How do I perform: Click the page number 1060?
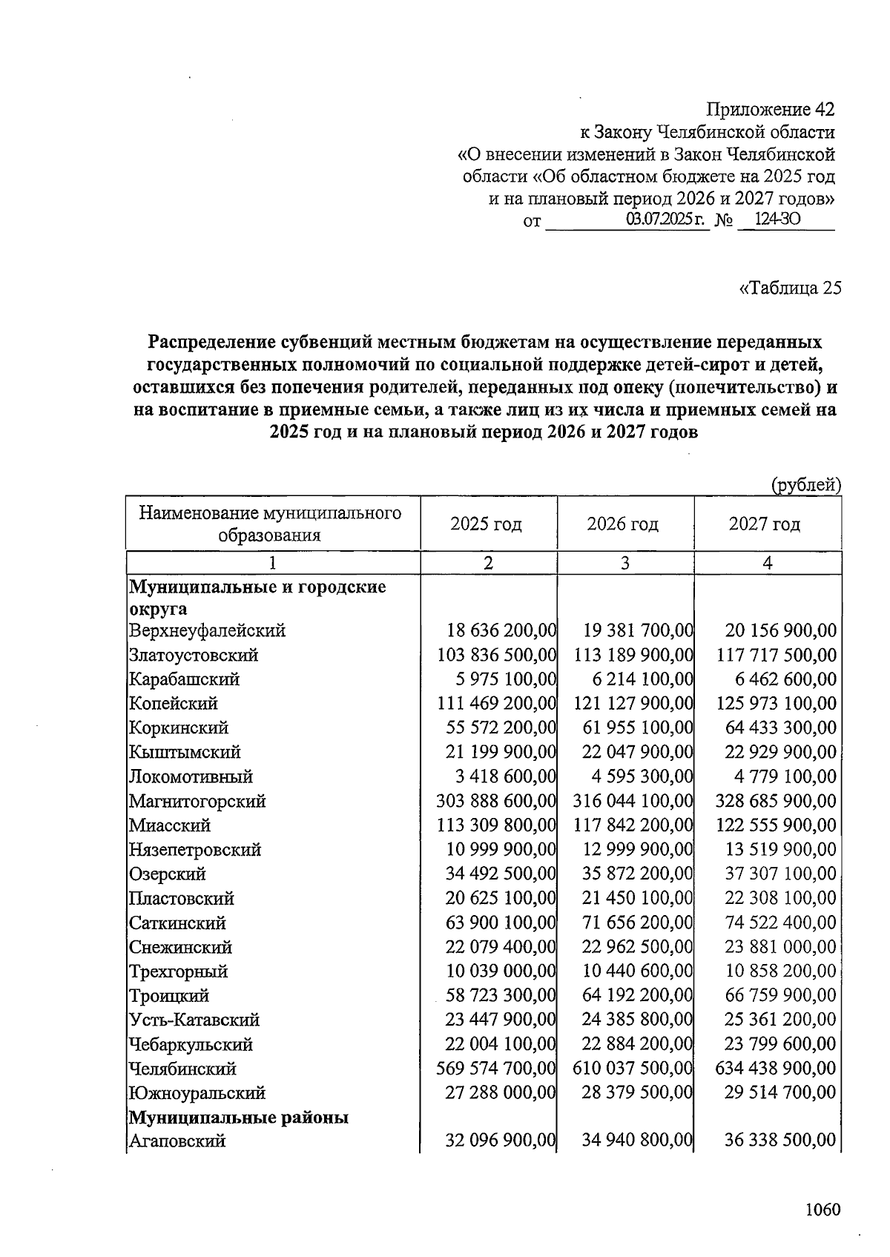[x=823, y=1210]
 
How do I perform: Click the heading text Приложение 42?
[x=770, y=110]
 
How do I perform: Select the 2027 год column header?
[x=765, y=524]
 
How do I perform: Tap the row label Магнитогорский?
[x=197, y=801]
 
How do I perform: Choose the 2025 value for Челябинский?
[x=497, y=1069]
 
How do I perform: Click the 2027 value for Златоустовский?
[x=777, y=655]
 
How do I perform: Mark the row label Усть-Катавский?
[x=194, y=1020]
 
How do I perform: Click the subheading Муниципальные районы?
[x=239, y=1118]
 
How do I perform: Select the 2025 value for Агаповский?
[x=501, y=1141]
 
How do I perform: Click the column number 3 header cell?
[x=625, y=563]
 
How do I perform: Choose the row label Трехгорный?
[x=178, y=971]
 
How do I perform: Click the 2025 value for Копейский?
[x=497, y=703]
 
